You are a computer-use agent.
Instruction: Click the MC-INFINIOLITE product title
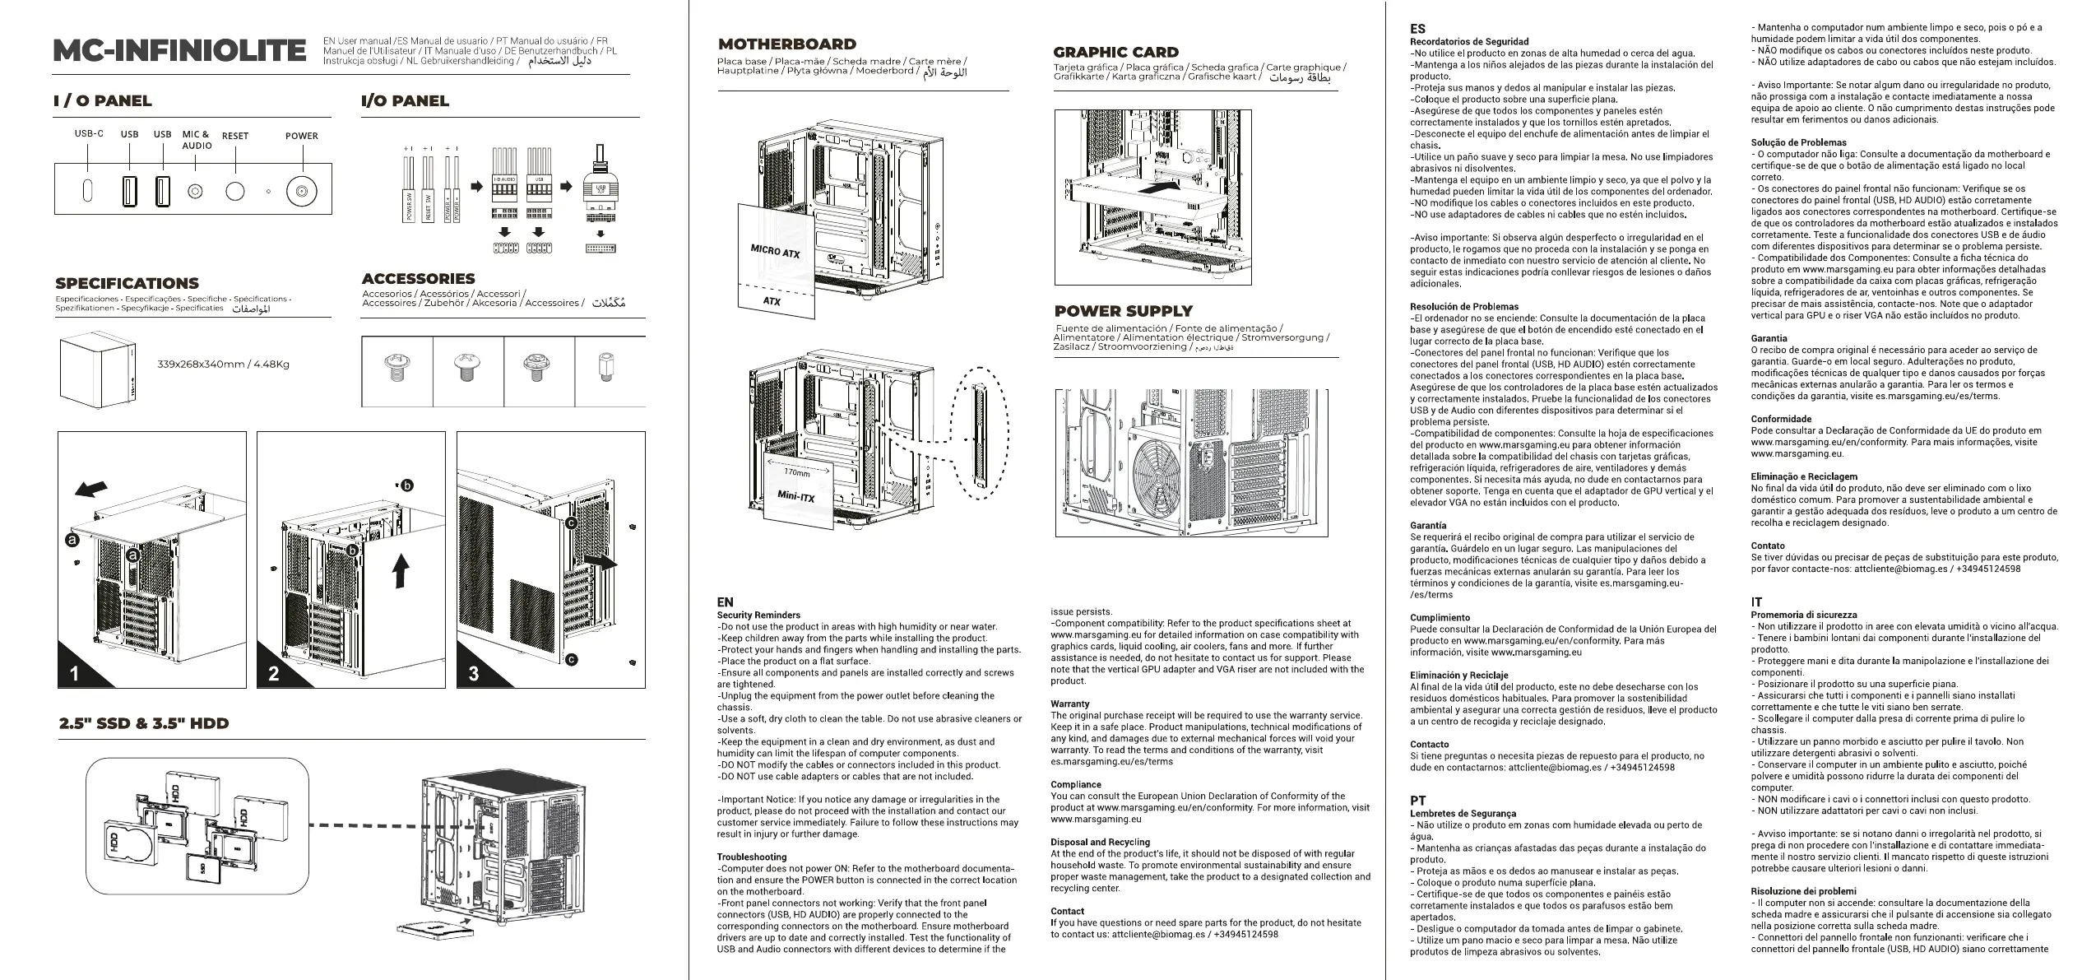point(179,51)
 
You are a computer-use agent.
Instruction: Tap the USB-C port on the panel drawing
point(88,190)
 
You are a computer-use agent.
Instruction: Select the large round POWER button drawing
point(301,192)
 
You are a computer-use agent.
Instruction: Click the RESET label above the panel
point(235,137)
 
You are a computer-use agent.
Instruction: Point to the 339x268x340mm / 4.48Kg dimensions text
point(223,365)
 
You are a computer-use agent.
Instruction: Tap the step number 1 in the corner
point(75,675)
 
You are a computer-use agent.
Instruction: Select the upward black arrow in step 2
point(401,570)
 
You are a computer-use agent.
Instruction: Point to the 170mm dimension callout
point(796,473)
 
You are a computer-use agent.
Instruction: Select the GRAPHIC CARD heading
point(1115,52)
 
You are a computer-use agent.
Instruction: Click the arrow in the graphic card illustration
point(1164,188)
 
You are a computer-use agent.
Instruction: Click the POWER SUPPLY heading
point(1123,311)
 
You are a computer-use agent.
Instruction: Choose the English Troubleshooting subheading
point(752,857)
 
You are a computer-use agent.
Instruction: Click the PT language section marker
point(1418,800)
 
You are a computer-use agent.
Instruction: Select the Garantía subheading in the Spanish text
point(1428,525)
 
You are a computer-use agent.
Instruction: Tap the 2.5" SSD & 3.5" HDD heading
point(144,723)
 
